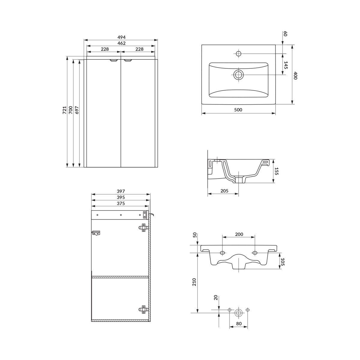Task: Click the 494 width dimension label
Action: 121,37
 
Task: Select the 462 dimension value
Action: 121,43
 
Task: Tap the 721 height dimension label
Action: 64,110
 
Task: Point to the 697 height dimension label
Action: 77,110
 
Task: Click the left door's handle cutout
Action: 114,61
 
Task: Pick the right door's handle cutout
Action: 128,60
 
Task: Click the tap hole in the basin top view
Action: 238,54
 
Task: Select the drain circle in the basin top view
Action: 238,75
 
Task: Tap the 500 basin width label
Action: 238,110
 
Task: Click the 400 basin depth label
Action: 295,76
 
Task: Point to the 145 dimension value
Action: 286,65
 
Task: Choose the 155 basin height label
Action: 277,171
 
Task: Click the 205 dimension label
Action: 224,191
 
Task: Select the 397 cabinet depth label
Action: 121,191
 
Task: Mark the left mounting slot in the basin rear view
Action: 222,253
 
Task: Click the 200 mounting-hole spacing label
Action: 239,235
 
